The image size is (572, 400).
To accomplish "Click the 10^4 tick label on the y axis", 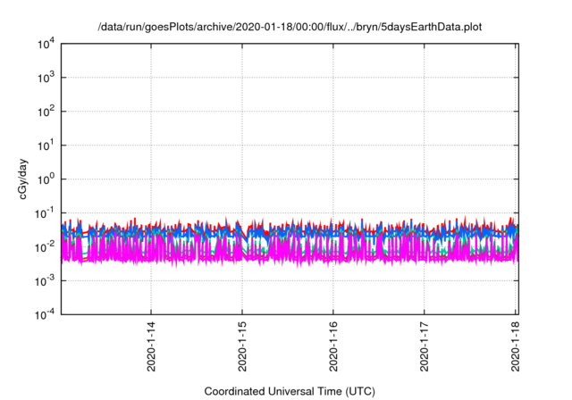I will click(x=46, y=44).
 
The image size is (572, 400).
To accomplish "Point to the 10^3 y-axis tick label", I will click(x=46, y=78).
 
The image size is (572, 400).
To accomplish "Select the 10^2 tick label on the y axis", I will click(x=46, y=112).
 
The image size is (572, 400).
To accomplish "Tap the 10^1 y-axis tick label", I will click(x=46, y=145).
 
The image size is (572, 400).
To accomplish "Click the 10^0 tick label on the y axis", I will click(x=46, y=179).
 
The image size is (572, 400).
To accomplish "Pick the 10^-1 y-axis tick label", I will click(x=44, y=212).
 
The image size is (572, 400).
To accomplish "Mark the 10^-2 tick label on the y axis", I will click(x=44, y=246).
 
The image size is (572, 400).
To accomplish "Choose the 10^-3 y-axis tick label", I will click(x=44, y=279).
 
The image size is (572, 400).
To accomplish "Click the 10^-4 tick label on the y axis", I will click(x=44, y=313).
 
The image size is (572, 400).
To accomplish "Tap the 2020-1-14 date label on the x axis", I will click(x=150, y=345).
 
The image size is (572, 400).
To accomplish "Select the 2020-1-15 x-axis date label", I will click(x=242, y=345).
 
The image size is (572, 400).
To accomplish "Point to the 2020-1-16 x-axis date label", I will click(x=333, y=345).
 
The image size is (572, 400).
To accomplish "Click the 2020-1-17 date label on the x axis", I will click(x=425, y=345).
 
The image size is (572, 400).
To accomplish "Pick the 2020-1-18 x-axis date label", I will click(x=517, y=345).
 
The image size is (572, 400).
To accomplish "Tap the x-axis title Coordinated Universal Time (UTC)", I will click(x=290, y=391).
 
